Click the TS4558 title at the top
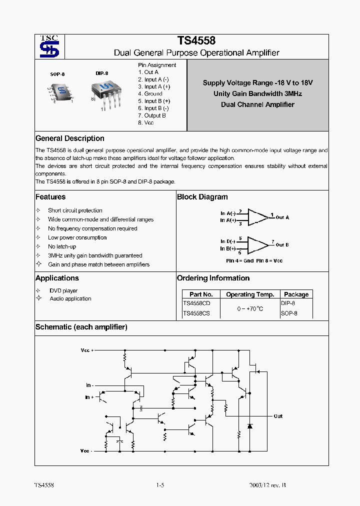coord(196,41)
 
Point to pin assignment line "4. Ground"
coord(150,93)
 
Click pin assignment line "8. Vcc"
coord(145,122)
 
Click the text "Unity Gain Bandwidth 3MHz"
coord(257,93)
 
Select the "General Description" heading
coord(70,138)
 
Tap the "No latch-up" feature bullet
coord(61,246)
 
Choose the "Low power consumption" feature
coord(77,237)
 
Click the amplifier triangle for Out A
coord(257,216)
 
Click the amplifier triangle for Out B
coord(257,244)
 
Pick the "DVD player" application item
coord(63,290)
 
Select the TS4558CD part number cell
coord(196,303)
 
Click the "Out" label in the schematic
coord(278,416)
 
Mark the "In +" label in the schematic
coord(89,397)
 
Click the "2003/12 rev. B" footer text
coord(267,485)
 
